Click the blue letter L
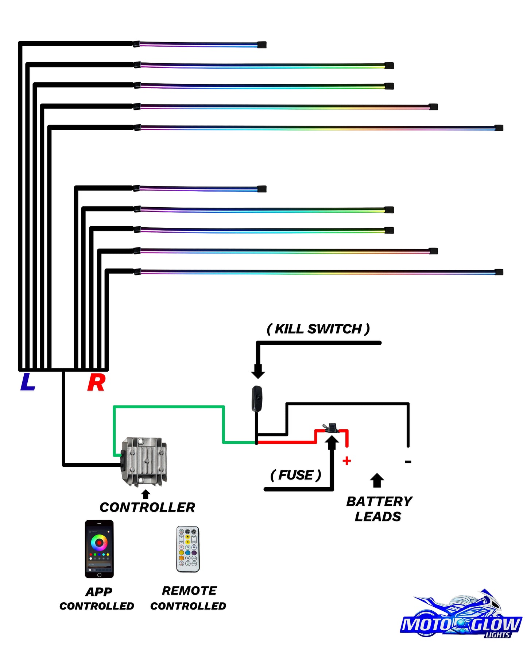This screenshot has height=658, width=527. [x=28, y=382]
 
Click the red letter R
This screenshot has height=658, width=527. [x=96, y=383]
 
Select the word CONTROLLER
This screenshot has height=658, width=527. [x=147, y=507]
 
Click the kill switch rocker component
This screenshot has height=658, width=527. [x=257, y=399]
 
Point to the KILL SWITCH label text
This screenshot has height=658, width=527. [x=318, y=329]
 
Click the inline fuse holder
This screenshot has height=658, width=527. [x=332, y=428]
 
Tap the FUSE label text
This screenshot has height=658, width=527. [x=296, y=475]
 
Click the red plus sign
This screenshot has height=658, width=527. [x=347, y=461]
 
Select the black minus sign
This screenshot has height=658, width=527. [x=408, y=462]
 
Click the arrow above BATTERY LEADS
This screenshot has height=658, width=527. [x=377, y=480]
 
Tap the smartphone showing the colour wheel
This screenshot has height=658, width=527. [x=99, y=549]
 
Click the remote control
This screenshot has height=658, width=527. [x=188, y=549]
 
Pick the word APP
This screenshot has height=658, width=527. [x=99, y=592]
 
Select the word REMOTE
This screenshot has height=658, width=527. [x=189, y=591]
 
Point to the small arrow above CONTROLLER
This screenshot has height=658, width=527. [x=146, y=494]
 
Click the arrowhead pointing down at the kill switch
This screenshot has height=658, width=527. [x=258, y=372]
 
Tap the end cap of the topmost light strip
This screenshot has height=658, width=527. [x=262, y=45]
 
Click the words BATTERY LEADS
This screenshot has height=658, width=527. [x=379, y=509]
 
